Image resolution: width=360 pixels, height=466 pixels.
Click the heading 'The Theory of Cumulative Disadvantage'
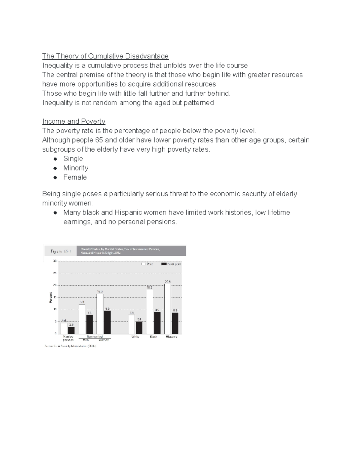[105, 56]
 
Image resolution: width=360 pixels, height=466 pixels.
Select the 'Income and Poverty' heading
[74, 121]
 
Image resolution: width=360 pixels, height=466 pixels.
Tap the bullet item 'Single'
[73, 158]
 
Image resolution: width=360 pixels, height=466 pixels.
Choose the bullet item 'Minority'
[76, 168]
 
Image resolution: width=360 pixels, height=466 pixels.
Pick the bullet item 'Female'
[75, 177]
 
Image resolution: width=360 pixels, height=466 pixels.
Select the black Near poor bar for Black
[157, 323]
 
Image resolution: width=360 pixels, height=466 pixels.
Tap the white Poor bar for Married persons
[64, 328]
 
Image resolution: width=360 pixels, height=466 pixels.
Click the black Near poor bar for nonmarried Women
[107, 322]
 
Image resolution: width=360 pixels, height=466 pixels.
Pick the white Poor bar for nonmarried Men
[82, 319]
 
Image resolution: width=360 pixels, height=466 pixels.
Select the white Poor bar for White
[132, 324]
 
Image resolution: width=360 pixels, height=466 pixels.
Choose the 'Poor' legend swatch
[144, 264]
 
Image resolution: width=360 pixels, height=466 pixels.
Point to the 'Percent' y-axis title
[51, 297]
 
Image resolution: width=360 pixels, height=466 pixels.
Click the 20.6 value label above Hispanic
[168, 281]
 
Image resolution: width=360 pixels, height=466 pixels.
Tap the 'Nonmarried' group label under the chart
[94, 337]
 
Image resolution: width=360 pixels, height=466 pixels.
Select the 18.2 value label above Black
[150, 287]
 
